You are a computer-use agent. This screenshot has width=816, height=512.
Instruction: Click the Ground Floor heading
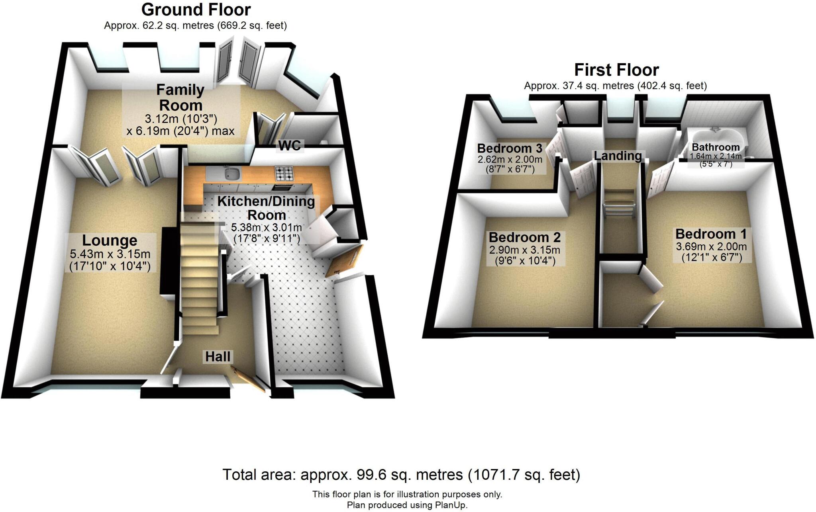pyautogui.click(x=196, y=10)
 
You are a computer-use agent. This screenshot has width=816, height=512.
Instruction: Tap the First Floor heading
pyautogui.click(x=616, y=70)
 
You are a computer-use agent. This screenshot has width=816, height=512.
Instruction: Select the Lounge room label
pyautogui.click(x=110, y=240)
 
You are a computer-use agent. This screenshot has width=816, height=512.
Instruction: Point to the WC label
pyautogui.click(x=290, y=146)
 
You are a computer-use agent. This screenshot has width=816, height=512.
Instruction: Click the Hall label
pyautogui.click(x=218, y=356)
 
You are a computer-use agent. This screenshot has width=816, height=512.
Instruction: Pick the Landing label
pyautogui.click(x=618, y=156)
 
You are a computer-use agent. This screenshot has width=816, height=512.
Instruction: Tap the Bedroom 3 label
pyautogui.click(x=510, y=149)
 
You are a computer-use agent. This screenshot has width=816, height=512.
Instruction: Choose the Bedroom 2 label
pyautogui.click(x=524, y=237)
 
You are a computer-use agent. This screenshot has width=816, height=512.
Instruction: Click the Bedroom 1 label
pyautogui.click(x=710, y=234)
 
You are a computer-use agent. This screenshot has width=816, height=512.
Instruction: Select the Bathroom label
pyautogui.click(x=716, y=147)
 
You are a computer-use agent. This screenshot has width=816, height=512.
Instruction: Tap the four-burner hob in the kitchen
pyautogui.click(x=284, y=173)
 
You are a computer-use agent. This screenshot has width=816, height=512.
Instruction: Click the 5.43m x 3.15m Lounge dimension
pyautogui.click(x=110, y=254)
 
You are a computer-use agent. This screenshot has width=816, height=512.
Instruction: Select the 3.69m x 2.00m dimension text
pyautogui.click(x=711, y=246)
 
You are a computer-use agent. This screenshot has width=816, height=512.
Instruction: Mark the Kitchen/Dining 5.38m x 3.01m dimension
pyautogui.click(x=266, y=228)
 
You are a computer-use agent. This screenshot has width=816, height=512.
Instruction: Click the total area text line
pyautogui.click(x=401, y=475)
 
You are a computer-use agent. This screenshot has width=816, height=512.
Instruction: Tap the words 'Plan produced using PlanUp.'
pyautogui.click(x=407, y=505)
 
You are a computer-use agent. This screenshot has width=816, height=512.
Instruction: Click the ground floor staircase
pyautogui.click(x=199, y=275)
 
